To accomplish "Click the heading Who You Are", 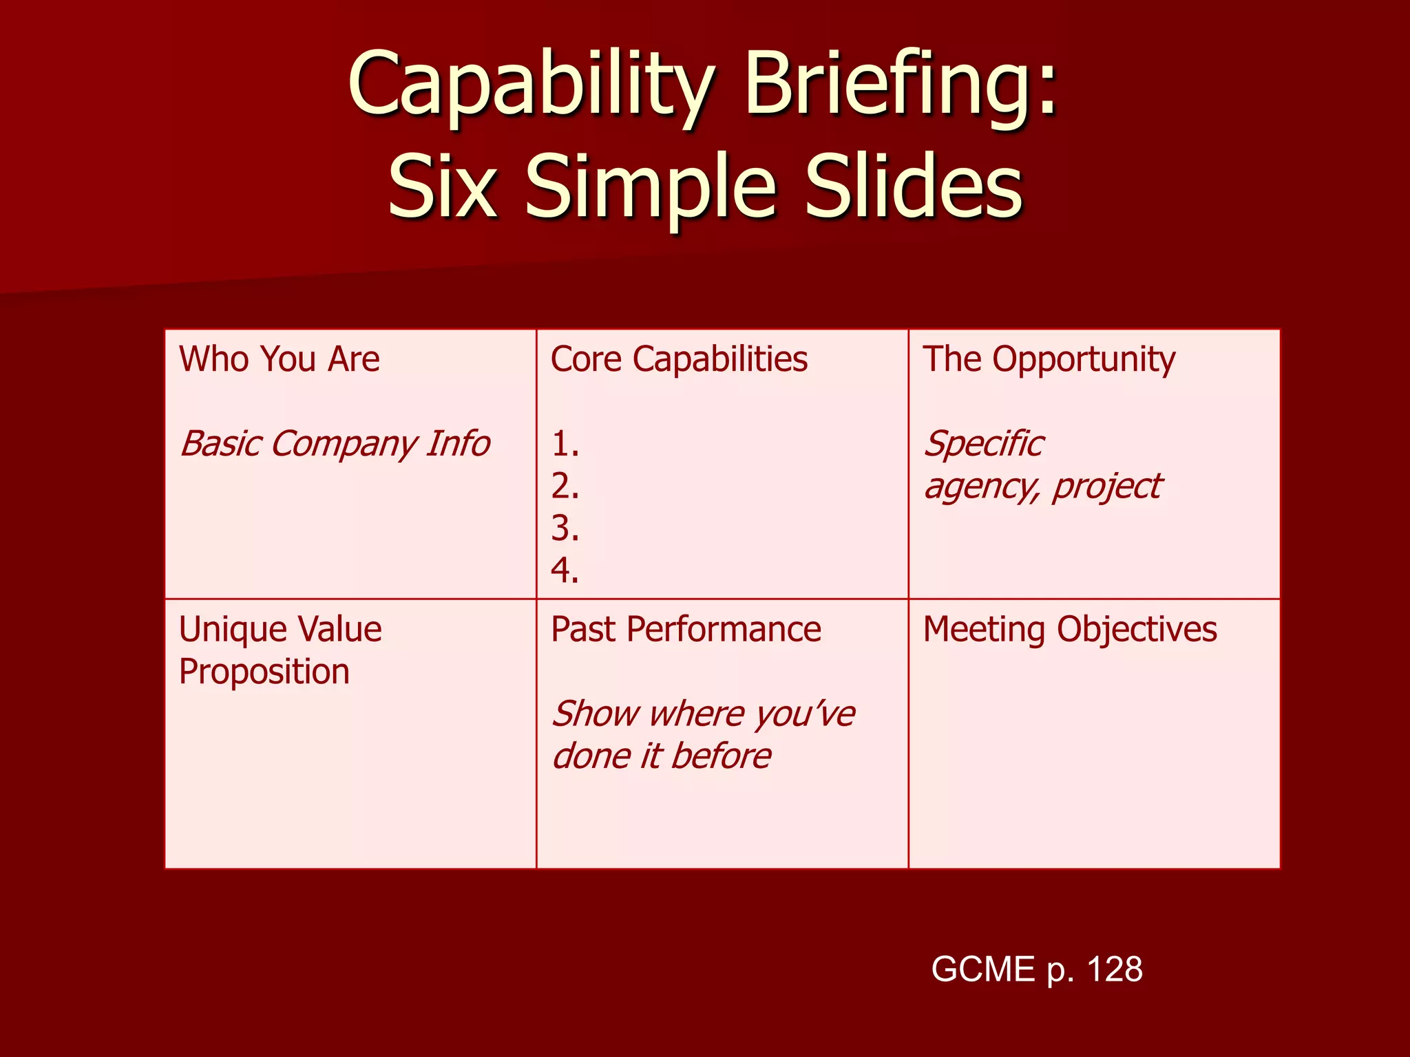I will (x=279, y=359).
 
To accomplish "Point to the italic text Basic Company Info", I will (x=335, y=444).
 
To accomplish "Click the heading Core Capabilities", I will (x=679, y=359).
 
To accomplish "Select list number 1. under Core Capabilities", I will (x=565, y=445).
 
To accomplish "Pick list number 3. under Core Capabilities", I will (x=565, y=528).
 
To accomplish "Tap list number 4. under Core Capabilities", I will (x=565, y=570).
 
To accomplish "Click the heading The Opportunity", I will (x=1049, y=359).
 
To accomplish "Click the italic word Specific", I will (x=984, y=444).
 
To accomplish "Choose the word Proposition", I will (x=264, y=672).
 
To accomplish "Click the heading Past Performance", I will (x=686, y=630).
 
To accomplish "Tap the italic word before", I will (x=721, y=756).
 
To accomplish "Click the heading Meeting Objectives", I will (x=1070, y=630).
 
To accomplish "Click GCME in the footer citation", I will (x=983, y=970).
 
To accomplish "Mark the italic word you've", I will (x=803, y=714).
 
